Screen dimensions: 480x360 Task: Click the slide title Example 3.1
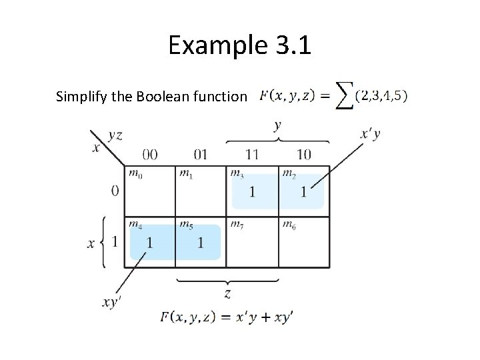[240, 45]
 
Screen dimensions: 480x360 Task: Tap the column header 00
[150, 155]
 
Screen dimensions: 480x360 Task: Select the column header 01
[200, 155]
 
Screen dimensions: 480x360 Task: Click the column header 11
[251, 155]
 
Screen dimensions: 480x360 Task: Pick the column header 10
[303, 155]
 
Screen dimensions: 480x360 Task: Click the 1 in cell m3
[252, 192]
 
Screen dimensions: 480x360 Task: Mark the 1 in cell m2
[303, 192]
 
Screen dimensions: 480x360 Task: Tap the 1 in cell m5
[201, 243]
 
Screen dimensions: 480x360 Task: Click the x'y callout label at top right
[371, 135]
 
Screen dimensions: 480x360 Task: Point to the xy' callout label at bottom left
[112, 302]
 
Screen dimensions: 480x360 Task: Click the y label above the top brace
[277, 125]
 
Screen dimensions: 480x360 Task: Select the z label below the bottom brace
[227, 293]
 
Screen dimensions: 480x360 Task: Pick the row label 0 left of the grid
[115, 191]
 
